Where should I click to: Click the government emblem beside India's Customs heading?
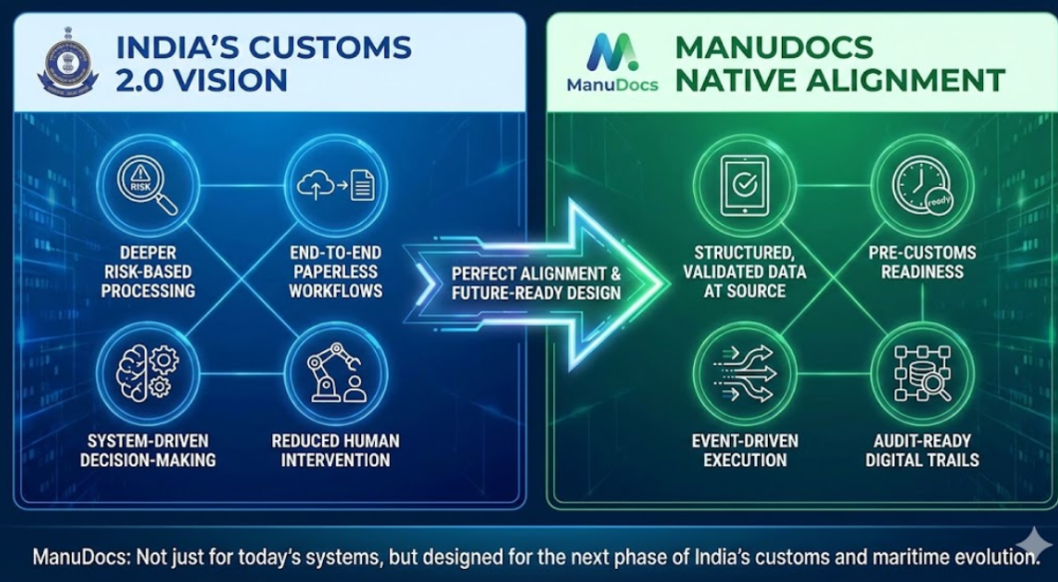tap(68, 61)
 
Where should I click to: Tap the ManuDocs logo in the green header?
tap(612, 62)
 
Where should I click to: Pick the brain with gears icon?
tap(148, 372)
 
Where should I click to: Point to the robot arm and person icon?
tap(335, 372)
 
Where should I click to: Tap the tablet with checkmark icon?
tap(745, 186)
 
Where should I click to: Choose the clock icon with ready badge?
tap(921, 186)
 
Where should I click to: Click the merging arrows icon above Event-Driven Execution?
tap(745, 373)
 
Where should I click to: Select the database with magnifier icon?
tap(921, 373)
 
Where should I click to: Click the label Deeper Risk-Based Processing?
tap(148, 273)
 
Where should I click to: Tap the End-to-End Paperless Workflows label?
tap(335, 273)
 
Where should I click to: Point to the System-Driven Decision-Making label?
tap(148, 450)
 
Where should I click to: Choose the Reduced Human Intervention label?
tap(335, 450)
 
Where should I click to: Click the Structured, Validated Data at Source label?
tap(744, 273)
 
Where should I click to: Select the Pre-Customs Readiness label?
tap(921, 262)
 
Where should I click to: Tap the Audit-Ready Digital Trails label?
tap(921, 450)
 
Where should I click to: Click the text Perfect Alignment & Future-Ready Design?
tap(535, 284)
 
